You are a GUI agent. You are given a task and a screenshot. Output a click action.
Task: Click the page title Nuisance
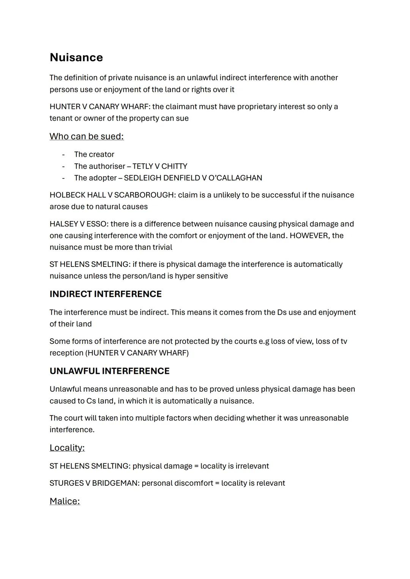click(76, 57)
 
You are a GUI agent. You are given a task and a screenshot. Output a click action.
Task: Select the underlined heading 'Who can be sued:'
click(87, 137)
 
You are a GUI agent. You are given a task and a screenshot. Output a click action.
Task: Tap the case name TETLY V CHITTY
click(160, 166)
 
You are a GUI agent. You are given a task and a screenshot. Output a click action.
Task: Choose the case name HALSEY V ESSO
click(77, 224)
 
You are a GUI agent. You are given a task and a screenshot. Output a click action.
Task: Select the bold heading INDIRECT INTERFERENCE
click(106, 294)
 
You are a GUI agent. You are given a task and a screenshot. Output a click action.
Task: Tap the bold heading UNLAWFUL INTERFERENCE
click(109, 371)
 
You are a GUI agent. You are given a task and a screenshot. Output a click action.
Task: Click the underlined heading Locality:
click(67, 448)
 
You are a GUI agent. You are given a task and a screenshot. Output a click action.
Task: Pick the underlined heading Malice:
click(65, 501)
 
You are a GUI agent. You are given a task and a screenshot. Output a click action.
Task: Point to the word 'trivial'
click(162, 247)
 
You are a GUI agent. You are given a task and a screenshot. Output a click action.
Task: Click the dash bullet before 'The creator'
click(63, 155)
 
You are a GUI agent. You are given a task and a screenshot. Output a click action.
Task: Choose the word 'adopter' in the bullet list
click(103, 178)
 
